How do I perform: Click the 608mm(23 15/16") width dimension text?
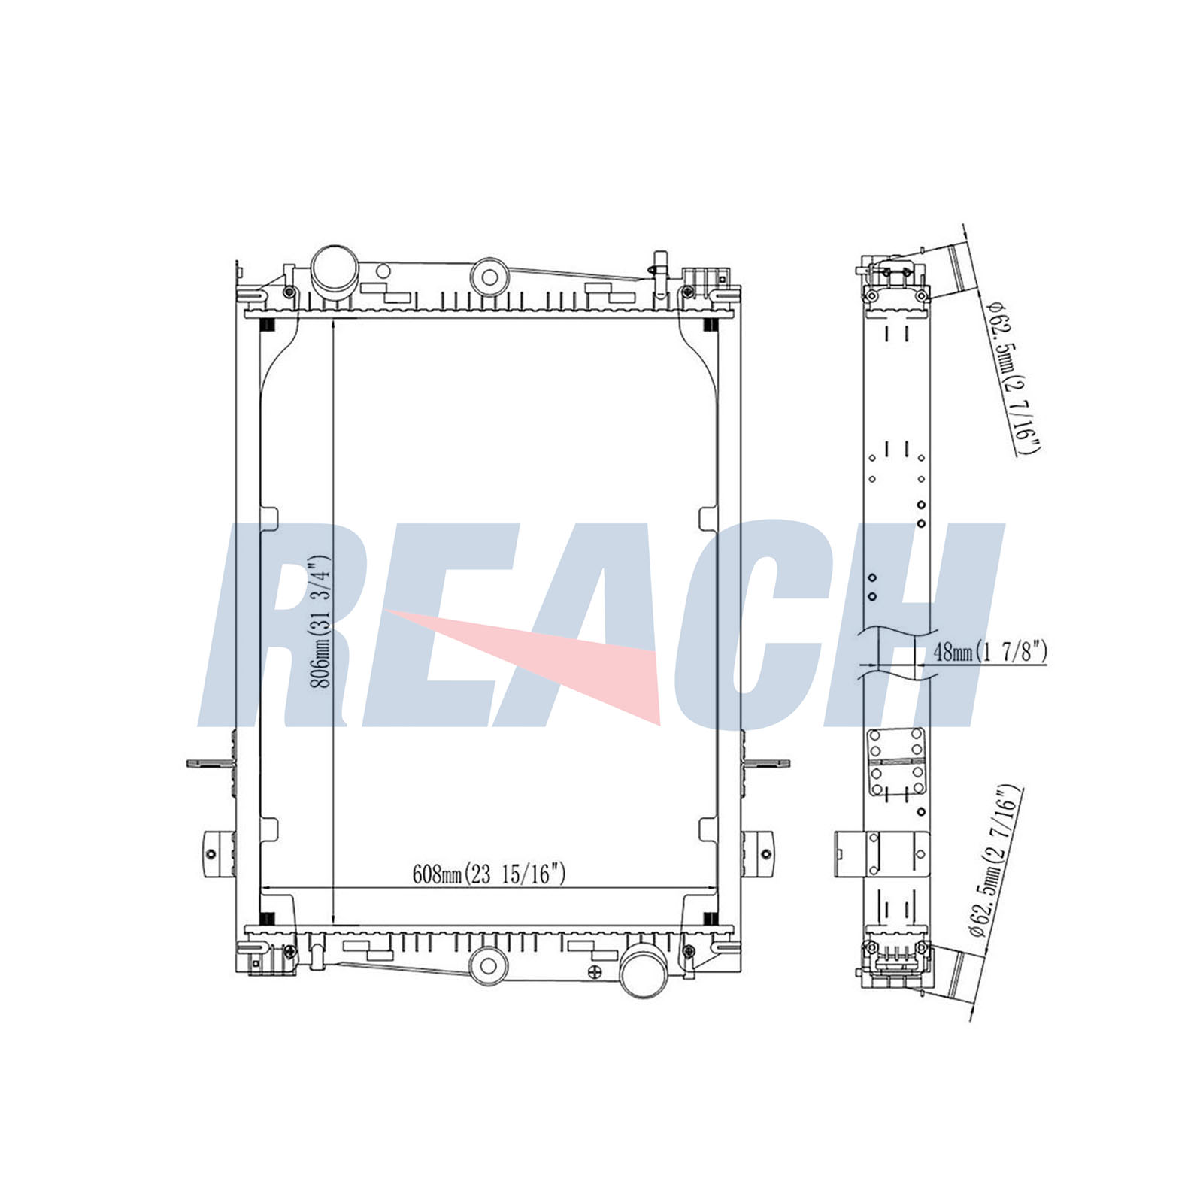(x=489, y=874)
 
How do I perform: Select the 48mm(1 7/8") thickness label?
(x=989, y=651)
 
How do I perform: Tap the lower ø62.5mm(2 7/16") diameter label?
(x=996, y=861)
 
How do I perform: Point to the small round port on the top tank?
(x=489, y=277)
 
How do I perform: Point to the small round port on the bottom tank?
(x=486, y=965)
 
